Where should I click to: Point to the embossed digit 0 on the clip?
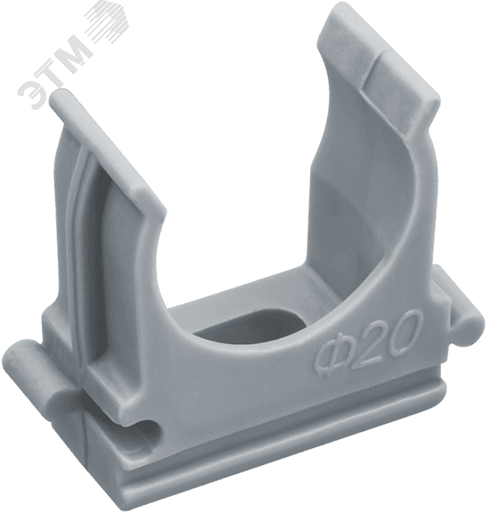tap(405, 328)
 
